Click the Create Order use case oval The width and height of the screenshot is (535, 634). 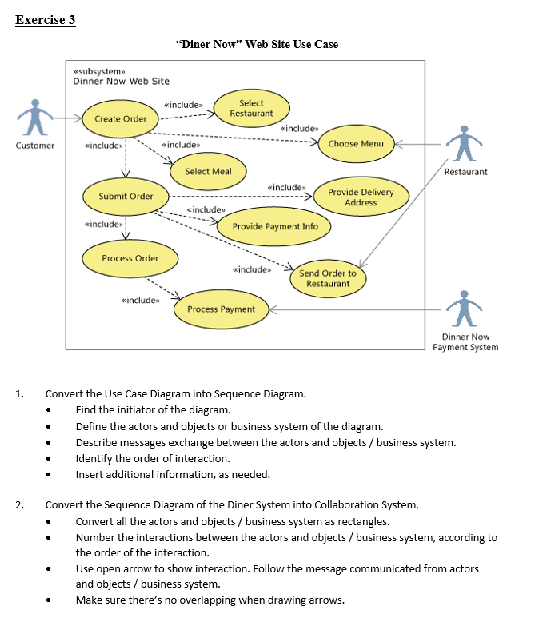tap(120, 118)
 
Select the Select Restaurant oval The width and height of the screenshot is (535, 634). tap(251, 108)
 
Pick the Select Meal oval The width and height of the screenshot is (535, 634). tap(208, 171)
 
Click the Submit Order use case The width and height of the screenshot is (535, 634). tap(126, 196)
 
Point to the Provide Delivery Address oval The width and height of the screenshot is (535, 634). tap(361, 197)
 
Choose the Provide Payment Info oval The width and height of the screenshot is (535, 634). tap(275, 227)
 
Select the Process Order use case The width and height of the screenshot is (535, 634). tap(130, 258)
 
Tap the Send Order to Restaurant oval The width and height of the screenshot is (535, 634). tap(328, 278)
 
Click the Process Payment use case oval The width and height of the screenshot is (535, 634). tap(221, 309)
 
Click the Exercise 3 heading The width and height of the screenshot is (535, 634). tap(46, 20)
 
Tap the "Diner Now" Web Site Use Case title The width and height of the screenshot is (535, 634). tap(256, 44)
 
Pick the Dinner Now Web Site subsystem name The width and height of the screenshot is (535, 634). tap(121, 81)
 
